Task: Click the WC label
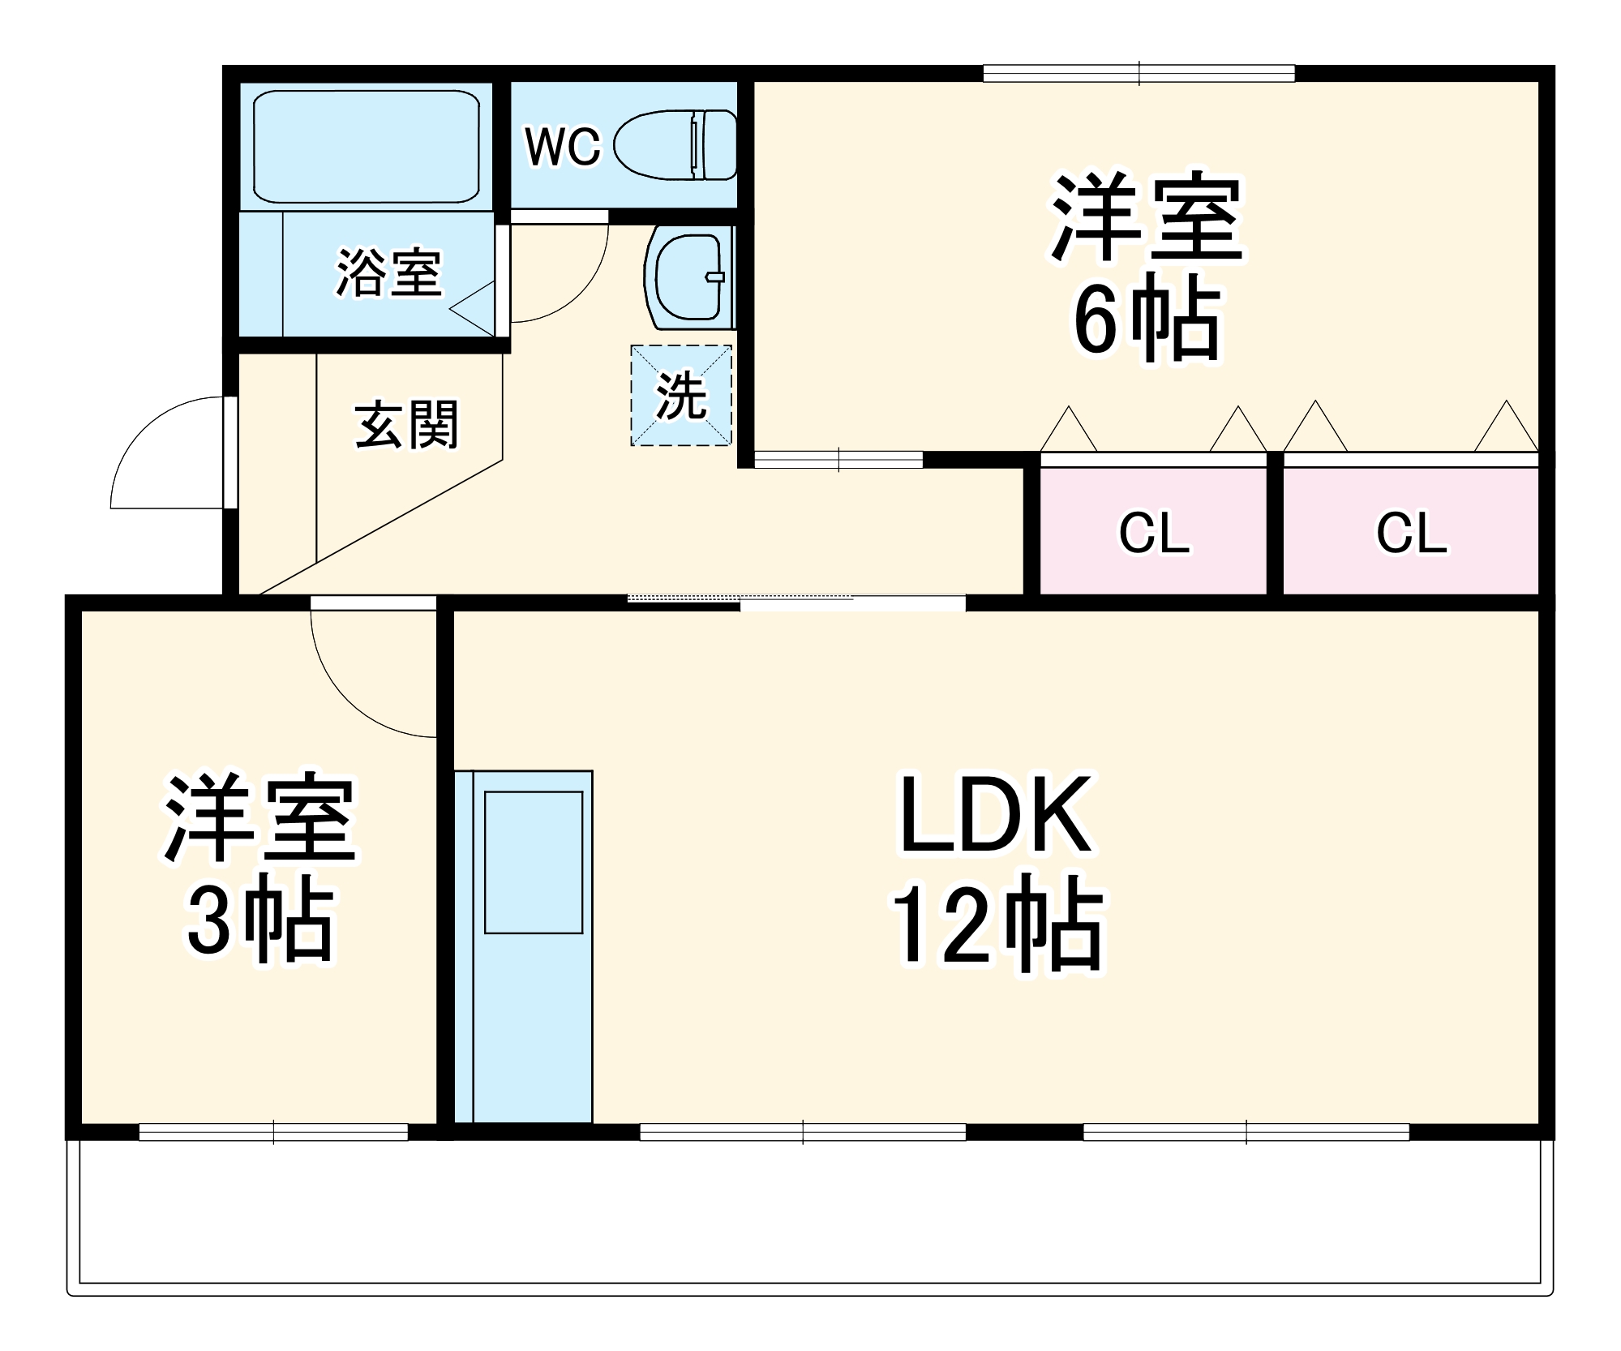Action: pos(563,147)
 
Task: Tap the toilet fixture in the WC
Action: pos(675,145)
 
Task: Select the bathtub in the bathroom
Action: pos(366,146)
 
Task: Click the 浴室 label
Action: pos(389,272)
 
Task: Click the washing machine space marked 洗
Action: pos(681,396)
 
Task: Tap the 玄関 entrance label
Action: pos(406,425)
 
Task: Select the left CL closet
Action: pos(1153,533)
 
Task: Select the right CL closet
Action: pos(1411,533)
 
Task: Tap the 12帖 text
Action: pos(997,925)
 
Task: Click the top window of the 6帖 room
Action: pos(1139,74)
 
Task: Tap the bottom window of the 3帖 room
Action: pos(273,1132)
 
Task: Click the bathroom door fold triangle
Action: pos(475,309)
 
